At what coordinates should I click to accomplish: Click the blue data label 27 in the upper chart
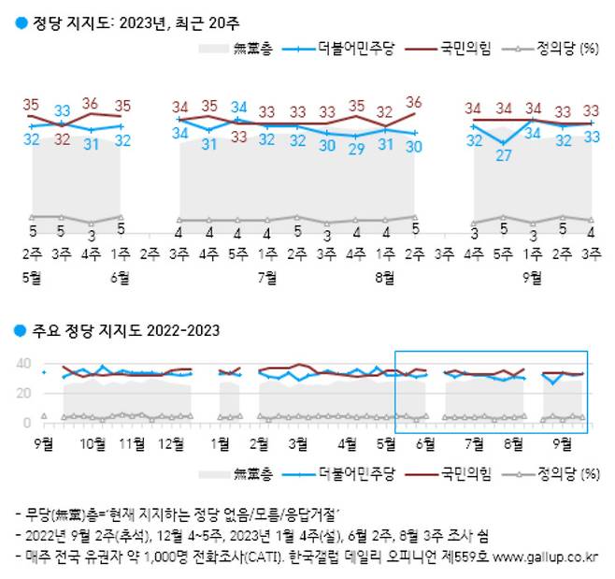(503, 155)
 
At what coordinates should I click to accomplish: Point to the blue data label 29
(356, 149)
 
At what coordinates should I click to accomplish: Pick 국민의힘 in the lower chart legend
(465, 473)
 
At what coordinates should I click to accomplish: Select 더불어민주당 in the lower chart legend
(355, 473)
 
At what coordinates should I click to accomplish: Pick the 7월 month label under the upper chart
(267, 277)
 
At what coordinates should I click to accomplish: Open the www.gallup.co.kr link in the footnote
(546, 557)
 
